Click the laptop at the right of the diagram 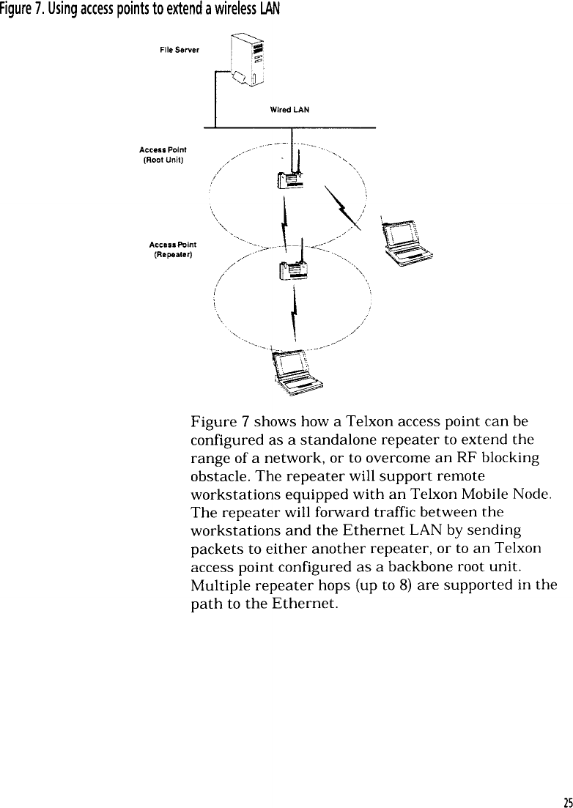[x=405, y=244]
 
